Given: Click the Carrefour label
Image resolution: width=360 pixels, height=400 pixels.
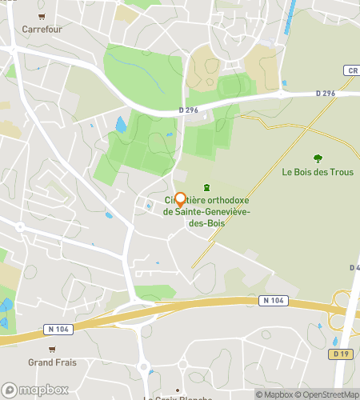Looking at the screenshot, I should (42, 29).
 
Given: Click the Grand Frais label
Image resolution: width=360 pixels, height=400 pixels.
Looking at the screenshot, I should (52, 362).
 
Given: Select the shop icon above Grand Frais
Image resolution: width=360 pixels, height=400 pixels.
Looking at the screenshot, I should (52, 350).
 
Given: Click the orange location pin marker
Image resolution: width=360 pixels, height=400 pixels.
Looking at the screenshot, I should (180, 200).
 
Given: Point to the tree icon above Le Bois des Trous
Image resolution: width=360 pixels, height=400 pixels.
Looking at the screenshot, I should (318, 158).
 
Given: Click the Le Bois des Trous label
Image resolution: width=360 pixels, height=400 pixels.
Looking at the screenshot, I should (318, 171).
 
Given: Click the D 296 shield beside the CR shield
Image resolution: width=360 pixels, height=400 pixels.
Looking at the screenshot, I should (325, 93).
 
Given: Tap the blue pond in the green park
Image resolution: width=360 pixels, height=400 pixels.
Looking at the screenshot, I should (121, 125).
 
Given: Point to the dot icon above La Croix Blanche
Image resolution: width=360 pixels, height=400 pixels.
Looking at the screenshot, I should (178, 390).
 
